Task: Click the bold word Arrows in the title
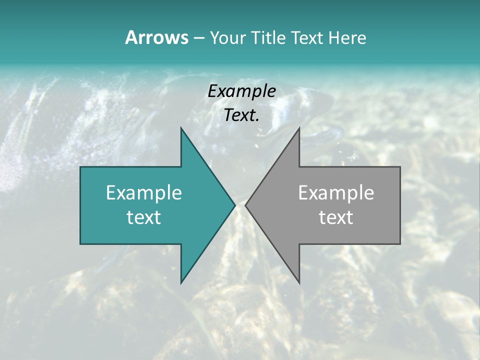tap(156, 37)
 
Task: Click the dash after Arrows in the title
tap(198, 38)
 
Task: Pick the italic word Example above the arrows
tap(241, 91)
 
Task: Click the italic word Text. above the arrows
tap(241, 115)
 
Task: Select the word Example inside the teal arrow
tap(144, 193)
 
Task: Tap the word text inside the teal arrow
tap(144, 217)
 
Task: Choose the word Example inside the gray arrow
tap(336, 193)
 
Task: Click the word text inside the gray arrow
tap(336, 217)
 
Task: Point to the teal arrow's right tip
tap(235, 205)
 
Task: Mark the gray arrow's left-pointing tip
tap(245, 205)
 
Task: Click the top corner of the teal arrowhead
tap(181, 128)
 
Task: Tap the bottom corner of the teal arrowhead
tap(181, 283)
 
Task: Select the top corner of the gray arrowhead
tap(299, 128)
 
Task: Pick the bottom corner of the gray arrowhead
tap(299, 283)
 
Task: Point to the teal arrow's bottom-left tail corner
tap(80, 244)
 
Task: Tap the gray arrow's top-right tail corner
tap(400, 167)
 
